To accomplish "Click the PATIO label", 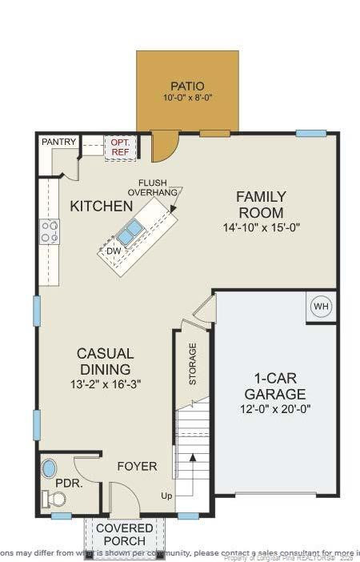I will [187, 86].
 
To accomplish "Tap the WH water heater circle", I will [321, 307].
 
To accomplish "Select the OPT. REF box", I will [121, 147].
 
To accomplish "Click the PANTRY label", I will [60, 142].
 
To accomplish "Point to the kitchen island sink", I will [130, 232].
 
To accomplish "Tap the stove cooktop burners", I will [50, 231].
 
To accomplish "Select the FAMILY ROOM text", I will [260, 204].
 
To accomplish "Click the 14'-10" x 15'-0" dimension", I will [260, 227].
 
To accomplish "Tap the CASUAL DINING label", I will [105, 361].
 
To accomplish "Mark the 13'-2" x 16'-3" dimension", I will [105, 384].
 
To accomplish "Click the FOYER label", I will [137, 466].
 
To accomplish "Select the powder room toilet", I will [54, 499].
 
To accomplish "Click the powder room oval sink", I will [50, 468].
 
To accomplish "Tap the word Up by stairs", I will [166, 496].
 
